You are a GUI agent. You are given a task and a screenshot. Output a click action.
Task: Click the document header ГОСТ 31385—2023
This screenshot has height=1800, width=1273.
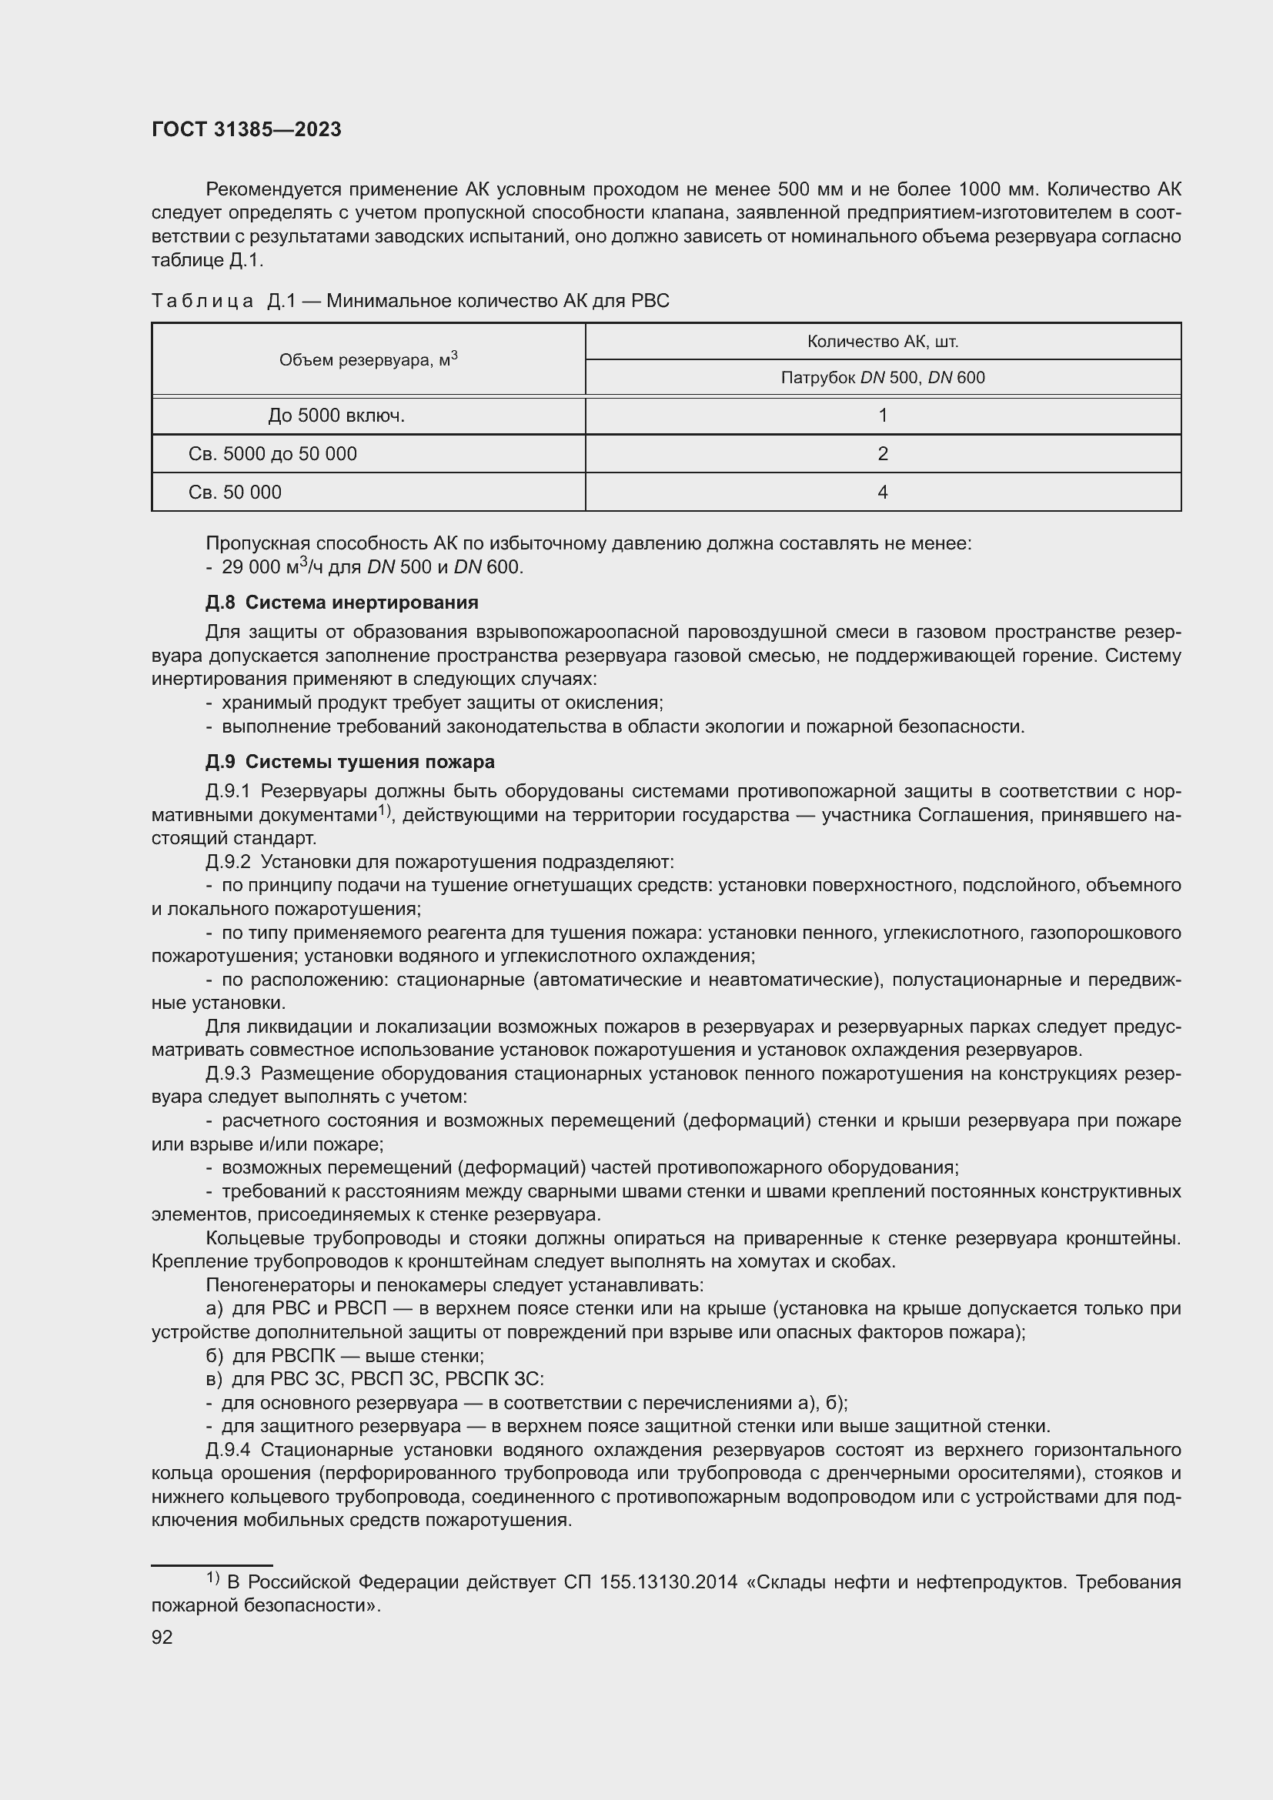(x=246, y=130)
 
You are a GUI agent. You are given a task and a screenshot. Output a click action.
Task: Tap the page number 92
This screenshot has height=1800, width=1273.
(x=162, y=1637)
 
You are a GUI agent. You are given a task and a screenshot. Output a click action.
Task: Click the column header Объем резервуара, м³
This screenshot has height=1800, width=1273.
(x=369, y=360)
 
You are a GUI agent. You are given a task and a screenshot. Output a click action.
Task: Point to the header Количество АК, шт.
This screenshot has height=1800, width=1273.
(x=883, y=342)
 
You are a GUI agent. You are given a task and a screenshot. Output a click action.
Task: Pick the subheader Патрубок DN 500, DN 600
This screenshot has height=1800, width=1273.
(x=883, y=378)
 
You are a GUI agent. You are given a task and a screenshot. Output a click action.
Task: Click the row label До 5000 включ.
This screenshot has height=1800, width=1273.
(x=336, y=416)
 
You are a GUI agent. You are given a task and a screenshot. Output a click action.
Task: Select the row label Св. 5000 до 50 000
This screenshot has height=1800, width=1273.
(x=272, y=454)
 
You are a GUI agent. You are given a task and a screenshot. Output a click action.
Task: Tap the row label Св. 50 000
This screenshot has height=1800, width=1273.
(x=236, y=493)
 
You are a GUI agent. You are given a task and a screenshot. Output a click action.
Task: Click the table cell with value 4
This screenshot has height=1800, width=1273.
(x=883, y=493)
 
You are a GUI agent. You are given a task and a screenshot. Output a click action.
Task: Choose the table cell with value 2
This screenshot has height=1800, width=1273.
(x=883, y=454)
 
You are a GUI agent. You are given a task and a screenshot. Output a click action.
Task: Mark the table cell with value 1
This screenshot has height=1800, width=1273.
(x=883, y=416)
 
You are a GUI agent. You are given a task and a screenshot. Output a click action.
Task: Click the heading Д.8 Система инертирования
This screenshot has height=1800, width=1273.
(x=342, y=602)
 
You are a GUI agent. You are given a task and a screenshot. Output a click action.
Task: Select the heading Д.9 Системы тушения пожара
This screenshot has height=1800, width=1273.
(x=349, y=761)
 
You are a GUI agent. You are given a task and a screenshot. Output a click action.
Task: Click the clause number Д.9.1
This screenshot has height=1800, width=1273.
(x=227, y=792)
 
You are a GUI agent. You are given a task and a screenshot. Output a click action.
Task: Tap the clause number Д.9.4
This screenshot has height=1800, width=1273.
(x=227, y=1450)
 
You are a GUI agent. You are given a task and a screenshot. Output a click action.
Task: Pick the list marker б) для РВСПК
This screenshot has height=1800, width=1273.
(x=214, y=1355)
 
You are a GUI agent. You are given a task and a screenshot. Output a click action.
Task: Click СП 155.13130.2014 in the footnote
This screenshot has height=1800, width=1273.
(x=650, y=1581)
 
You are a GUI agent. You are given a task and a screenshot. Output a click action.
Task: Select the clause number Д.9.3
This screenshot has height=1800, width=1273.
(x=227, y=1074)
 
